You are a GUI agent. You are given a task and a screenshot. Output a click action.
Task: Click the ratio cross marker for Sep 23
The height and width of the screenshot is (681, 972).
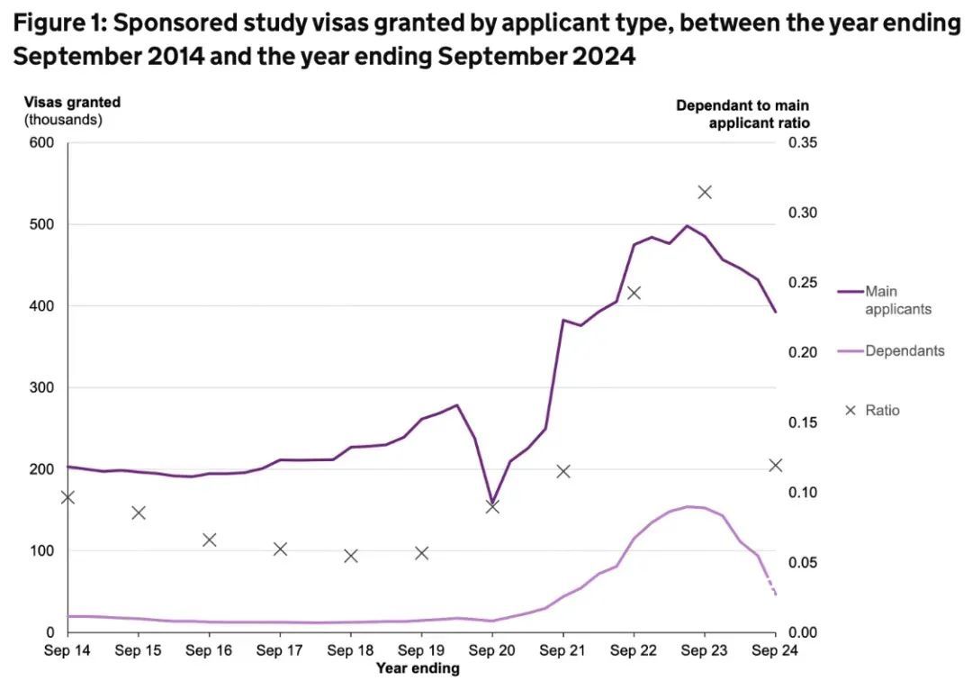tap(705, 192)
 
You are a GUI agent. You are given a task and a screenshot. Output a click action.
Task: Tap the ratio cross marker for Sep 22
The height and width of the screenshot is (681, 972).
tap(634, 293)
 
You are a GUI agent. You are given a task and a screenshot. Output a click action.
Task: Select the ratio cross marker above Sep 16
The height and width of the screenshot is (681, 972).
tap(209, 540)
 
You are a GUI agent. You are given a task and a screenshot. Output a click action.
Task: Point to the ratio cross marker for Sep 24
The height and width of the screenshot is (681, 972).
tap(776, 466)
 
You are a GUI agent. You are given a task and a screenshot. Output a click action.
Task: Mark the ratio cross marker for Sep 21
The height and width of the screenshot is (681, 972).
tap(563, 471)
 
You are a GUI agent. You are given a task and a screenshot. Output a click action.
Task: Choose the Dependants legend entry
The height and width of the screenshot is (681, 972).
tap(904, 350)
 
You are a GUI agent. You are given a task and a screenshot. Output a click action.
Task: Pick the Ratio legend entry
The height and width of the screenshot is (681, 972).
tap(881, 410)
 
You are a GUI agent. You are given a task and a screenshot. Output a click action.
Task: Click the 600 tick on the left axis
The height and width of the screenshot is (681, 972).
tap(43, 142)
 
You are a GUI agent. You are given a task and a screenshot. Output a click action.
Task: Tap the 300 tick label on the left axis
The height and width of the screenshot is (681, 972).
tap(43, 387)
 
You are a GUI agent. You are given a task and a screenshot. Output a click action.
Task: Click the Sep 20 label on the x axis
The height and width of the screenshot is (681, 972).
tap(492, 650)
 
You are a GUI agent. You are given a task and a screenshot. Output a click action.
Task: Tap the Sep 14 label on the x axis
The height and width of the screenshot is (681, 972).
tap(67, 650)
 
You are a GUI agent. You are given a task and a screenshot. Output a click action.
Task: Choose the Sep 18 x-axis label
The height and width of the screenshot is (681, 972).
tap(350, 650)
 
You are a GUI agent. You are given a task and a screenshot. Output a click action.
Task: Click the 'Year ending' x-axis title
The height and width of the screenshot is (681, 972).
tap(418, 668)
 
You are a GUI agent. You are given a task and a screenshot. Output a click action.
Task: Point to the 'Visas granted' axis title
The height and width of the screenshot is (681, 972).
tap(72, 103)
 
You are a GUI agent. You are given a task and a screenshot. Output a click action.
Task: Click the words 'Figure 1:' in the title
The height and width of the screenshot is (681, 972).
tap(58, 23)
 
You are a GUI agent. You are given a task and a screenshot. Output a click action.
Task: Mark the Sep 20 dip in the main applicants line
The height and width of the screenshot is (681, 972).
tap(492, 501)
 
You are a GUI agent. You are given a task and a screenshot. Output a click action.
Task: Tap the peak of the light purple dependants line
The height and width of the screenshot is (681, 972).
tap(689, 506)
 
